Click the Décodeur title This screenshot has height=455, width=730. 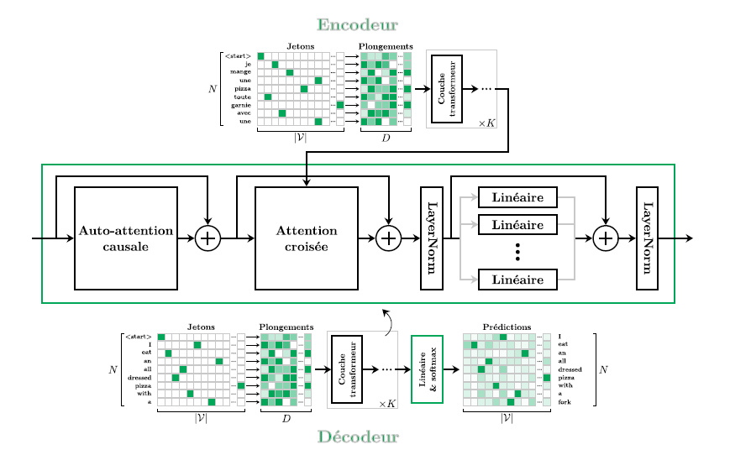[x=358, y=437]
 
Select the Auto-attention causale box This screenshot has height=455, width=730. [x=126, y=238]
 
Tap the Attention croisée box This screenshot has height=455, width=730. [x=306, y=238]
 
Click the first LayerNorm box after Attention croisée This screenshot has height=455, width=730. [x=432, y=238]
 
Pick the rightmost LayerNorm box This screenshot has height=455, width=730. [x=647, y=238]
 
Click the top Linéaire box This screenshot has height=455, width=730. [x=517, y=197]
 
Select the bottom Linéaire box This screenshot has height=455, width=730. [x=517, y=280]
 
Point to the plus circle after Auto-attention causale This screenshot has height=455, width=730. [x=207, y=238]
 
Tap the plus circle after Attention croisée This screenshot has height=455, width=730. [x=388, y=238]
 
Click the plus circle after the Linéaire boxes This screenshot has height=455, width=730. [x=606, y=238]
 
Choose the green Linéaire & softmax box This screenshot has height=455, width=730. [x=427, y=369]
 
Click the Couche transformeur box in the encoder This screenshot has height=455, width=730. [x=446, y=89]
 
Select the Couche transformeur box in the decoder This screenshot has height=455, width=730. [x=347, y=369]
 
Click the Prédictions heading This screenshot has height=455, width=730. [x=507, y=327]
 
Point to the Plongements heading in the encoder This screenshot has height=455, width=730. [x=386, y=46]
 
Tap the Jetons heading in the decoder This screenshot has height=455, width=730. [x=201, y=327]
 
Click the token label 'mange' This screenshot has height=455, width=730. [x=241, y=72]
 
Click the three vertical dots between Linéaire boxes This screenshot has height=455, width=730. [x=517, y=252]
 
